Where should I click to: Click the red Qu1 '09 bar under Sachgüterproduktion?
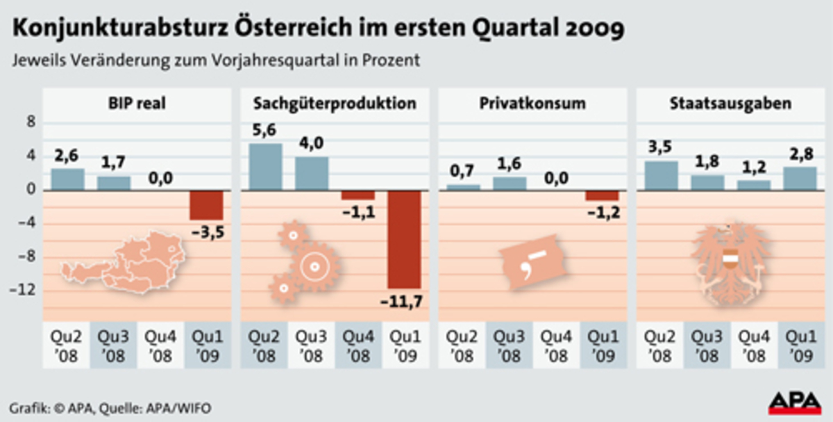coord(405,239)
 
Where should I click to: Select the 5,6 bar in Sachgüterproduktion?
coord(265,166)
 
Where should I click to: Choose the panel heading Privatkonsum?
coord(532,104)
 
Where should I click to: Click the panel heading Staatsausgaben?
coord(731,104)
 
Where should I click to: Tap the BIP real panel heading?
coord(136,104)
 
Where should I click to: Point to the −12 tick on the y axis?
coord(22,290)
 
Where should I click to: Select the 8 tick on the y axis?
coord(29,123)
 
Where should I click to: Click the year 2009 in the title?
coord(591,29)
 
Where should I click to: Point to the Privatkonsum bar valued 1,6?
coord(509,183)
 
